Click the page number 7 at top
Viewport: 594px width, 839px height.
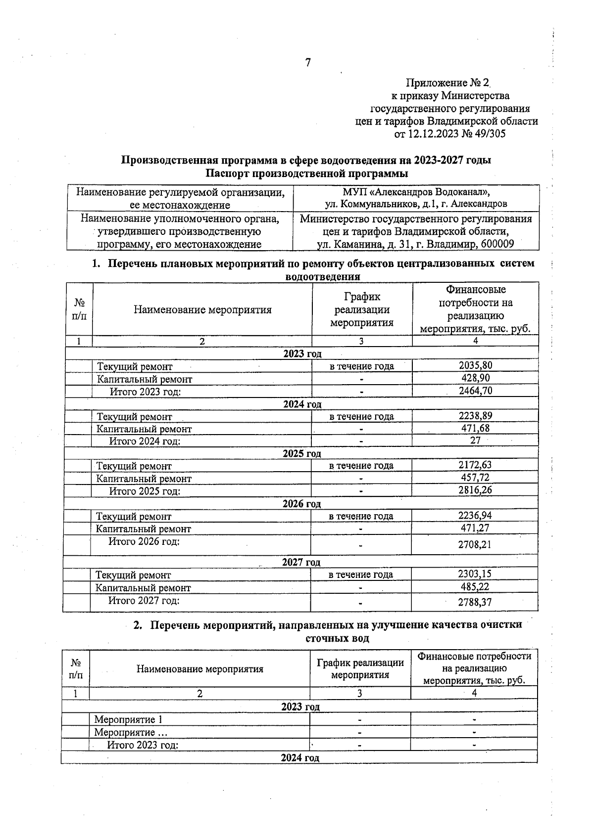click(308, 63)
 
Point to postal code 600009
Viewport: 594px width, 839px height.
click(497, 244)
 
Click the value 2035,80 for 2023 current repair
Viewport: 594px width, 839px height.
click(475, 365)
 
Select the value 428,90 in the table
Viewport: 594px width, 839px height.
click(475, 378)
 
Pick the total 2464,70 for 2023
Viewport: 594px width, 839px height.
click(475, 391)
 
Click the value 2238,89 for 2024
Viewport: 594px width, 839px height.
click(475, 416)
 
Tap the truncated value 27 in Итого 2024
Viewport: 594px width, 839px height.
click(475, 441)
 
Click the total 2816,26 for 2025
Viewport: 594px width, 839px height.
click(475, 490)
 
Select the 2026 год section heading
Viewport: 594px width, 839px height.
click(301, 504)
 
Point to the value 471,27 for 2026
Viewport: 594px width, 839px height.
click(475, 528)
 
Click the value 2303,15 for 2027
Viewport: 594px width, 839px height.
click(474, 574)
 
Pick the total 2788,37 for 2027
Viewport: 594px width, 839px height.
click(474, 602)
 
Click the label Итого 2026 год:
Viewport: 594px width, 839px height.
click(144, 541)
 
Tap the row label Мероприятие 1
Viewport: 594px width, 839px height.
click(128, 720)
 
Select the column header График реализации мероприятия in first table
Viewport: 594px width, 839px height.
click(361, 309)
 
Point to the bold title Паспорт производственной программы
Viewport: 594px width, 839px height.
click(306, 174)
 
